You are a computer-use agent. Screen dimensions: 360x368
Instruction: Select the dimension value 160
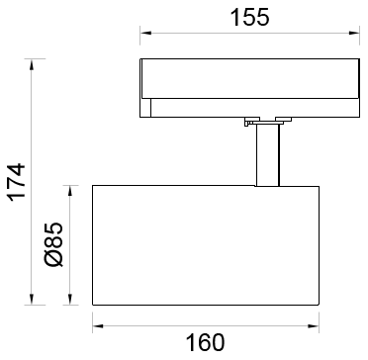(x=205, y=342)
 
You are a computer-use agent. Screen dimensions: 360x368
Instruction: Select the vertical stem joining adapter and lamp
(x=267, y=155)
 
